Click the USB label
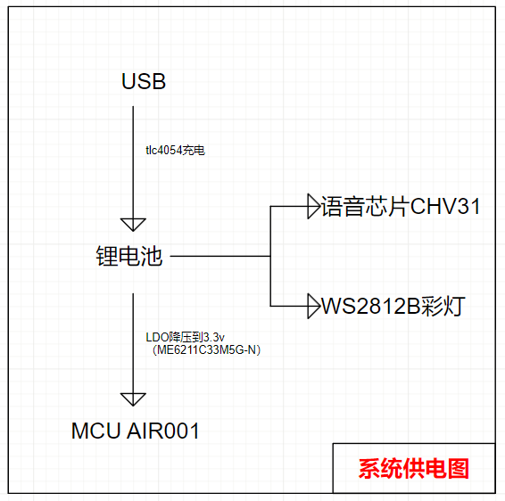[144, 81]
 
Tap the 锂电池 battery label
[128, 256]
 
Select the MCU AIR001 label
[136, 431]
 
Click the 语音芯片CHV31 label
[401, 206]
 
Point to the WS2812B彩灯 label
[393, 306]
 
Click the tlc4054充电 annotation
[175, 151]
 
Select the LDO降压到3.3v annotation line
[186, 337]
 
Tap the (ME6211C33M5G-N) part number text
[206, 349]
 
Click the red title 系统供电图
[413, 469]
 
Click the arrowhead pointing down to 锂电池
[133, 225]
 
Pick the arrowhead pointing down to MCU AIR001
[133, 399]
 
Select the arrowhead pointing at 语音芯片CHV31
[313, 206]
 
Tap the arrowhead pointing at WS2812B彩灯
[313, 306]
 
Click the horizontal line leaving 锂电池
[220, 256]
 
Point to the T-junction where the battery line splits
[270, 256]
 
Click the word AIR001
[163, 431]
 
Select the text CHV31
[445, 206]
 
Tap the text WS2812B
[371, 306]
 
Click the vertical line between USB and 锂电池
[133, 162]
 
